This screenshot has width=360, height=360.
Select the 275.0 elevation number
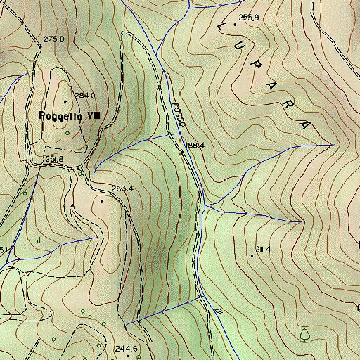click(53, 39)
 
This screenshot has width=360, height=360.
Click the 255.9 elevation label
click(249, 17)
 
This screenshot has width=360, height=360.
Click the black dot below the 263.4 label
click(102, 200)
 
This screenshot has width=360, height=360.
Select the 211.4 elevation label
click(264, 249)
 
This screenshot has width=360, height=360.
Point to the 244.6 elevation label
click(126, 349)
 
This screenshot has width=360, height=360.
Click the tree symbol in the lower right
click(305, 333)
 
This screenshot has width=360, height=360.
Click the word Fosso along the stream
click(178, 115)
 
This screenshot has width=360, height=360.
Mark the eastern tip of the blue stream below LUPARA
click(331, 144)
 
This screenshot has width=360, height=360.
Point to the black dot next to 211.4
click(252, 255)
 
